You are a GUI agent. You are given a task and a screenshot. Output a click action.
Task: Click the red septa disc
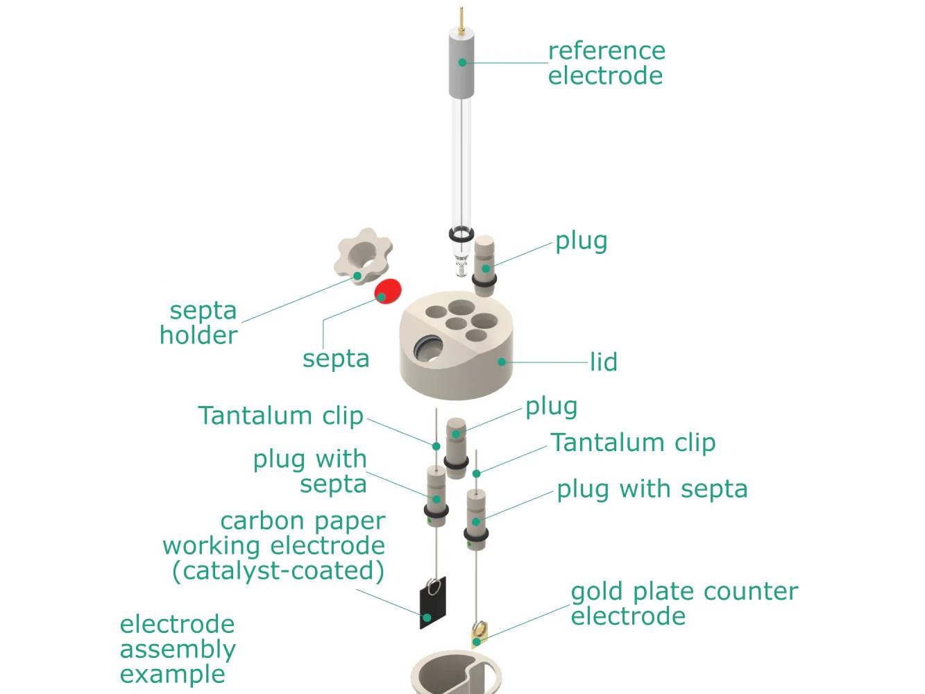tap(388, 291)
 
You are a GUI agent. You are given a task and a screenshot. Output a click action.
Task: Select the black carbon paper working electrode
tap(432, 604)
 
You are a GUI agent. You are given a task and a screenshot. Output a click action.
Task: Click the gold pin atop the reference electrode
tap(461, 19)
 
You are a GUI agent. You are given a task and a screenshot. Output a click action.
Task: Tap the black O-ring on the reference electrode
tap(461, 235)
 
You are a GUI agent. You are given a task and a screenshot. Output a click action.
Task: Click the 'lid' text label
tap(603, 362)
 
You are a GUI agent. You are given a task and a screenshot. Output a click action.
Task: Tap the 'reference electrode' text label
tap(606, 63)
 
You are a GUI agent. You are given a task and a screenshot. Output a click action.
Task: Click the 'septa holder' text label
tap(198, 323)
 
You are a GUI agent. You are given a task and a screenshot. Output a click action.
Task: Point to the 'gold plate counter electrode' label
tap(684, 604)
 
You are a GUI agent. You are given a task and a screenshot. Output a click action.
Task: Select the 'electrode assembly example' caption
tap(178, 649)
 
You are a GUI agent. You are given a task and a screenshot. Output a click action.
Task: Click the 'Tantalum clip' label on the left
tap(280, 416)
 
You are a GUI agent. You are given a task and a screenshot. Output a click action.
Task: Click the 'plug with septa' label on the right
tap(652, 489)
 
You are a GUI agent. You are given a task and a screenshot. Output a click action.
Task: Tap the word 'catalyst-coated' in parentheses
tap(278, 570)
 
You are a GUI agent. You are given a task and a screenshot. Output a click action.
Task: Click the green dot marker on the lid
tap(502, 362)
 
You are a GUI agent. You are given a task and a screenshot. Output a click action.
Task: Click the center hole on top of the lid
tap(455, 323)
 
